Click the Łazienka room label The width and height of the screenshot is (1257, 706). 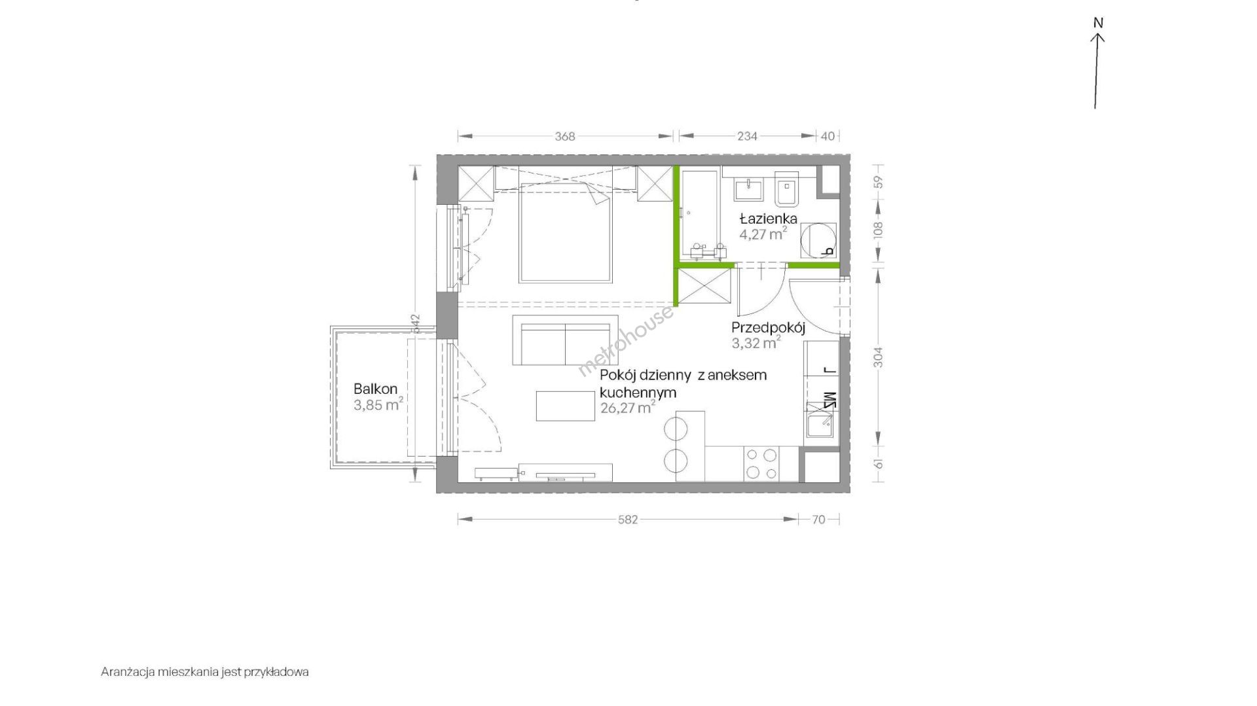pyautogui.click(x=768, y=219)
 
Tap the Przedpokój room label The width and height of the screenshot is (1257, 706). pyautogui.click(x=768, y=327)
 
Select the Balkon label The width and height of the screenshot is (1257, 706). pyautogui.click(x=375, y=389)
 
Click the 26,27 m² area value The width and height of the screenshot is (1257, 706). pyautogui.click(x=628, y=408)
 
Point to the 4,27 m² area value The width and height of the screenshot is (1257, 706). pyautogui.click(x=763, y=234)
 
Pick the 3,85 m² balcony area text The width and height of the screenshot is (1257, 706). pyautogui.click(x=378, y=404)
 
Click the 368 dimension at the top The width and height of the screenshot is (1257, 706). pyautogui.click(x=564, y=136)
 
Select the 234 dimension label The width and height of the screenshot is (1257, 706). pyautogui.click(x=747, y=136)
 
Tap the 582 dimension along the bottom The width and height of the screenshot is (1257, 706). pyautogui.click(x=628, y=520)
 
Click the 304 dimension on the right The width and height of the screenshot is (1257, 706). pyautogui.click(x=879, y=357)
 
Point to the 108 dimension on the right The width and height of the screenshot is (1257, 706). pyautogui.click(x=879, y=229)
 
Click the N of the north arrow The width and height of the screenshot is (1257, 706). pyautogui.click(x=1098, y=23)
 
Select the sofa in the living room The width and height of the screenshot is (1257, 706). pyautogui.click(x=565, y=340)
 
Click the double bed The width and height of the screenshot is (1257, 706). pyautogui.click(x=565, y=232)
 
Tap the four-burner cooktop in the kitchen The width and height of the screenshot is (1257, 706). pyautogui.click(x=762, y=464)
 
